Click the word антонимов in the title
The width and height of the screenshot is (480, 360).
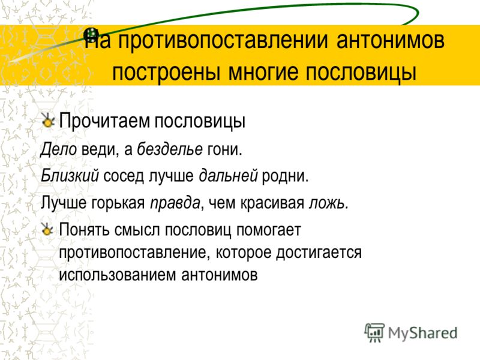point(391,40)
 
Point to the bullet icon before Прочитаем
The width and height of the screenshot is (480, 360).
point(47,121)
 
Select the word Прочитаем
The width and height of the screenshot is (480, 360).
point(104,121)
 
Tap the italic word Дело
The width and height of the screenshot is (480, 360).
point(59,149)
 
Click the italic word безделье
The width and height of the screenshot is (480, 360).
point(170,149)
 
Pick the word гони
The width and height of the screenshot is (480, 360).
point(224,149)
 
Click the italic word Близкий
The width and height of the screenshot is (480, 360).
point(70,176)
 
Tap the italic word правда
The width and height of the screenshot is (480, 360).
point(175,203)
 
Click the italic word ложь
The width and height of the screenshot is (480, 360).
point(328,203)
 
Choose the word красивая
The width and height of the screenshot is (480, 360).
point(272,203)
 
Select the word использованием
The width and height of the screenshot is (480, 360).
point(118,275)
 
